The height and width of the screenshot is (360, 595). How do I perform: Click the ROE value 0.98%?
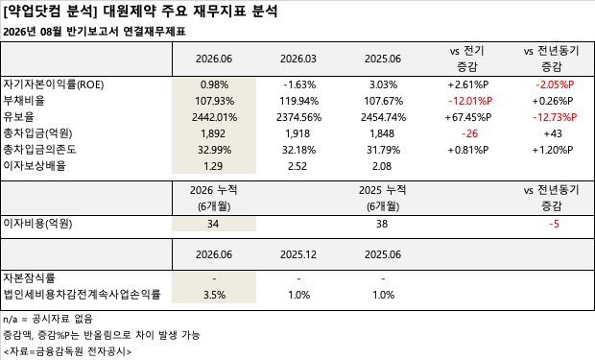click(x=214, y=84)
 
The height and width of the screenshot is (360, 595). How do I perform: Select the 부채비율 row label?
click(x=24, y=101)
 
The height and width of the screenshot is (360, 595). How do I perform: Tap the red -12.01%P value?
click(x=470, y=101)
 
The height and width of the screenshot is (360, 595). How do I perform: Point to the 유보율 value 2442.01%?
click(x=214, y=117)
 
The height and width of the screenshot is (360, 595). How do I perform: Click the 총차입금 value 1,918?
click(x=297, y=133)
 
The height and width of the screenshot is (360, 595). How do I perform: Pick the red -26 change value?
click(x=470, y=133)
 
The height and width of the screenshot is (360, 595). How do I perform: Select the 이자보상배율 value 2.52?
click(x=297, y=166)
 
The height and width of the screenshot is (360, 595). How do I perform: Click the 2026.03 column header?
click(x=298, y=59)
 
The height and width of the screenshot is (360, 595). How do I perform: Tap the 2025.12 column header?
click(x=298, y=254)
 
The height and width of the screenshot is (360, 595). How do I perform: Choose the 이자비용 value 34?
click(x=213, y=224)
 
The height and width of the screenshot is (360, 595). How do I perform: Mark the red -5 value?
click(x=554, y=224)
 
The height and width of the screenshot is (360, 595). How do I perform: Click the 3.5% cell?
click(x=214, y=295)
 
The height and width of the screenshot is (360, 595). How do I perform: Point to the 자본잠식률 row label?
click(x=29, y=278)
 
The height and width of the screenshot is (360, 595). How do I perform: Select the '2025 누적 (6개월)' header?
click(x=383, y=198)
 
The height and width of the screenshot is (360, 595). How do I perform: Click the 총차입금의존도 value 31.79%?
click(x=383, y=150)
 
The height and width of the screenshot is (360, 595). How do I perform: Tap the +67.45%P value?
click(x=468, y=117)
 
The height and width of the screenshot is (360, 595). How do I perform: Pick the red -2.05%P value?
click(x=555, y=84)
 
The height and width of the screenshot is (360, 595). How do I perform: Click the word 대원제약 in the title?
click(x=130, y=11)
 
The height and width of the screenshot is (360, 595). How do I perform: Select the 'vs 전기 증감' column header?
click(x=467, y=59)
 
